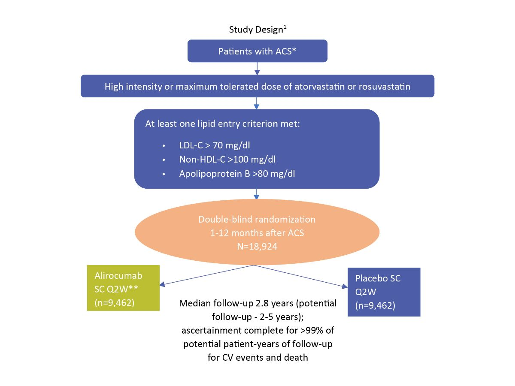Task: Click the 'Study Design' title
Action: (257, 30)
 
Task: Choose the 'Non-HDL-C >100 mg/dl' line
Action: (227, 160)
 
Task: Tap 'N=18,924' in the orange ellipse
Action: (257, 247)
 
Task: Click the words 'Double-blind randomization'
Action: (257, 219)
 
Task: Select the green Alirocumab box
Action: (124, 288)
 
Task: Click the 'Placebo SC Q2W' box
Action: (384, 292)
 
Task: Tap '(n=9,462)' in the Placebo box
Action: (374, 307)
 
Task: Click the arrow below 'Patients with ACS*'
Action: (257, 68)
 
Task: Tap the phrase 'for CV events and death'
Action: (257, 357)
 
